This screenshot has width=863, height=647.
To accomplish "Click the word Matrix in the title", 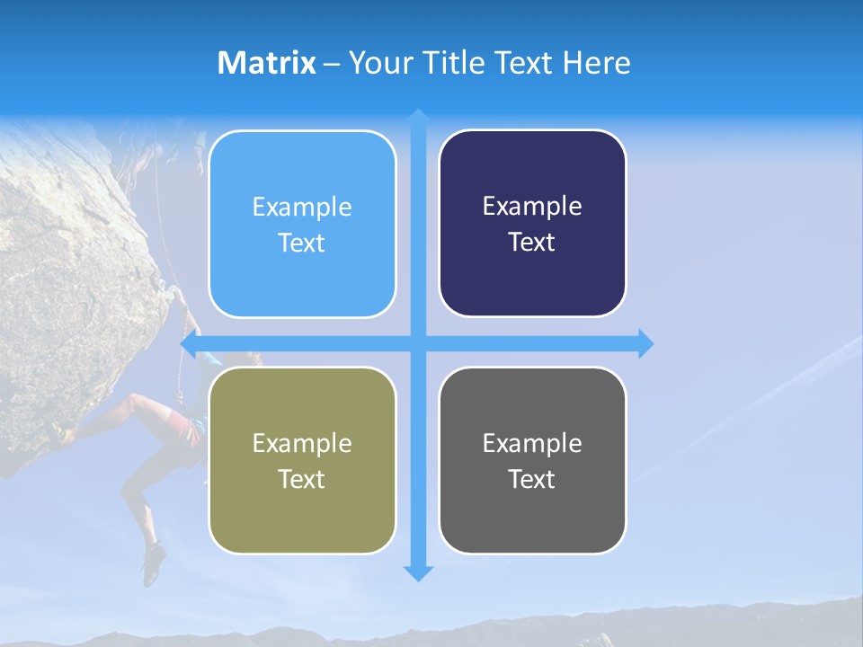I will click(267, 63).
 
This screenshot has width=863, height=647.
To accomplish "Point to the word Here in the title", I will click(596, 63).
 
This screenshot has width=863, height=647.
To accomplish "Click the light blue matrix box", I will click(302, 225).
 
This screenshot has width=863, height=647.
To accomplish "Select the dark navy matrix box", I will click(532, 224).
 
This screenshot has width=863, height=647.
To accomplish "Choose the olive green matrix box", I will click(302, 460).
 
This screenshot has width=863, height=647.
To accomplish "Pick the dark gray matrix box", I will click(532, 460).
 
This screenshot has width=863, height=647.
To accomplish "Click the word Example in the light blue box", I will click(302, 208).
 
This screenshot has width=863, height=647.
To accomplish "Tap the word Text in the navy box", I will click(532, 243).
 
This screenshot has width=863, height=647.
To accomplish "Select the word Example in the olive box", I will click(302, 444).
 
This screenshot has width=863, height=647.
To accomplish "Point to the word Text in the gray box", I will click(532, 480).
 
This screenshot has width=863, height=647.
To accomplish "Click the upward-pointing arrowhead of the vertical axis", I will click(418, 116).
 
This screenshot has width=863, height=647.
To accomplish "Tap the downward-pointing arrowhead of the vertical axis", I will click(418, 573).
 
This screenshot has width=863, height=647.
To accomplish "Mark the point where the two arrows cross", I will click(418, 344).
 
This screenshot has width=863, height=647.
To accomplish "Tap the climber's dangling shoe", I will click(153, 564).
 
